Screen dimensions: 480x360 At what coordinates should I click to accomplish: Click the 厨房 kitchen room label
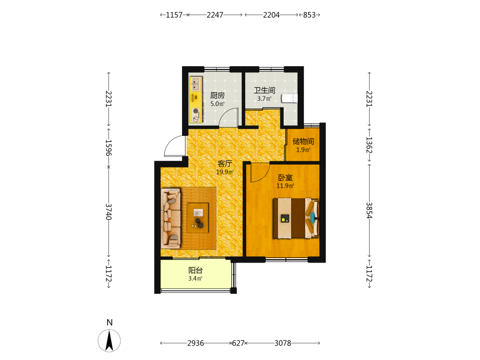217,96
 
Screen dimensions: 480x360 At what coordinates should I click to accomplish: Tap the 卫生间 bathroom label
264,90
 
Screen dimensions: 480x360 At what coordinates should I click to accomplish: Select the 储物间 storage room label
303,141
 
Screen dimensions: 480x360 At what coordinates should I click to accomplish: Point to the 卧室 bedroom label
285,178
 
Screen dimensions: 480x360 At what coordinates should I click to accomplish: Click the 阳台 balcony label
195,270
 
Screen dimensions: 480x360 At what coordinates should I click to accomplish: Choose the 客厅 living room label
225,164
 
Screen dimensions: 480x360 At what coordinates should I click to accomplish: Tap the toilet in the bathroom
289,98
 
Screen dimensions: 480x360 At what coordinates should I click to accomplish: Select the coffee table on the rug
198,217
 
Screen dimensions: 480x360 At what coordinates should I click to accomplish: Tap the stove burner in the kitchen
196,111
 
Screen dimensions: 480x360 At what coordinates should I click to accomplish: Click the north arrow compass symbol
109,340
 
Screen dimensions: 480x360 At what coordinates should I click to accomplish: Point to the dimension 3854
370,210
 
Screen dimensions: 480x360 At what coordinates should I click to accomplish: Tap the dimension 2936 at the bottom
196,343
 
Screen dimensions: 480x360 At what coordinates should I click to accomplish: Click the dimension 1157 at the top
174,15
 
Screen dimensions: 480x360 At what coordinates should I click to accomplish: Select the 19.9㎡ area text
225,172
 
